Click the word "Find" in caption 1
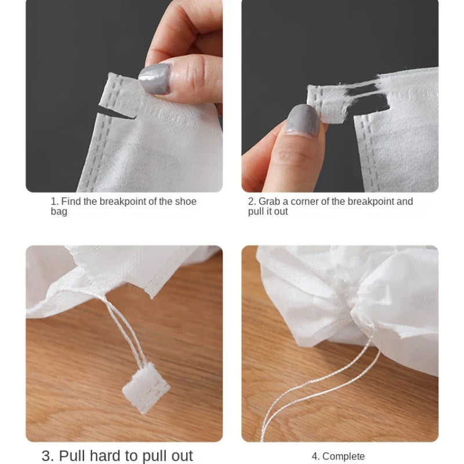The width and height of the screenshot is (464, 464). (72, 202)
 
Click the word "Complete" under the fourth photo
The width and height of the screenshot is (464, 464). (343, 456)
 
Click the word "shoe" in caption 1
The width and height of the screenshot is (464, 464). (186, 202)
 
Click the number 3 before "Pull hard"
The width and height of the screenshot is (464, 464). (46, 455)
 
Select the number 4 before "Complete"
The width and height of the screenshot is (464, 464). (313, 456)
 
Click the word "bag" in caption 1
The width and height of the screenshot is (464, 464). (59, 212)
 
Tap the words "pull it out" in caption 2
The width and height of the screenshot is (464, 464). (268, 212)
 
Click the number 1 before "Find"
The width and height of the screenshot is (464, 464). (53, 202)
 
